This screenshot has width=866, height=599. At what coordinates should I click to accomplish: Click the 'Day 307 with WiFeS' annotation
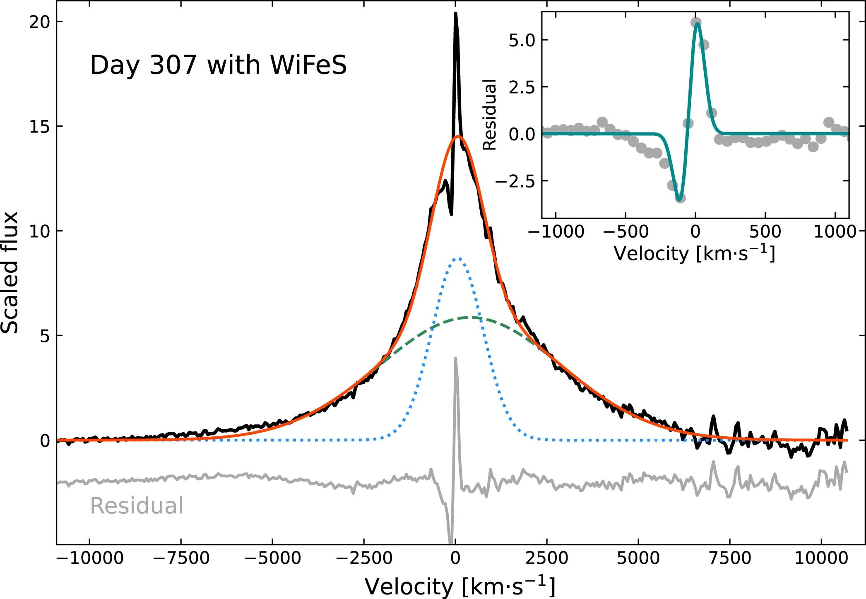tap(218, 66)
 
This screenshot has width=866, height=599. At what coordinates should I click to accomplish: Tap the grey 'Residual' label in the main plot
tap(137, 506)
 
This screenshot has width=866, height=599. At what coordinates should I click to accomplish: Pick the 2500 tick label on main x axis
tap(547, 558)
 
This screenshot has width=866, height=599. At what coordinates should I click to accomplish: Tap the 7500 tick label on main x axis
tap(730, 558)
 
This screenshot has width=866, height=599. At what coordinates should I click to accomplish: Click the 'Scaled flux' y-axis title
tap(10, 272)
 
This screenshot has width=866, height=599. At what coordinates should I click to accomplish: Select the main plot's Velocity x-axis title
tap(459, 586)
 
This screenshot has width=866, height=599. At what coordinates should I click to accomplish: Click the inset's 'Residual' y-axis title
tap(490, 115)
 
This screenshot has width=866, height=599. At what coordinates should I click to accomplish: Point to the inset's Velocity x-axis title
tap(694, 253)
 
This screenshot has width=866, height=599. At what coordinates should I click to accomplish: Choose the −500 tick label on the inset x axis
tap(625, 231)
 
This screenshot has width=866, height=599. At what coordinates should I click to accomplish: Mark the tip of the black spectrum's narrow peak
tap(456, 14)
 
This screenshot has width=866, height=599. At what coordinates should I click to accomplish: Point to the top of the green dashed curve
tap(470, 318)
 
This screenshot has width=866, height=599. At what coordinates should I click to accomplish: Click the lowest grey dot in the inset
tap(680, 198)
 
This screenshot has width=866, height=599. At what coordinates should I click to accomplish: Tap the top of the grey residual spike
tap(455, 358)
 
